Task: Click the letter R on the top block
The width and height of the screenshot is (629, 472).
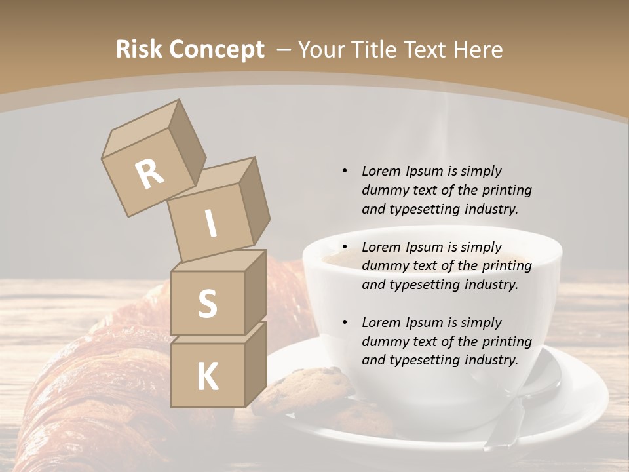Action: coord(150,174)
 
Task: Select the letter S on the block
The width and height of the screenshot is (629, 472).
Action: coord(207,304)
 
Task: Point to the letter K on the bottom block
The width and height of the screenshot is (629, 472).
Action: coord(208,377)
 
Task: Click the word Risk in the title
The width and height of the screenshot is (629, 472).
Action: coord(139,50)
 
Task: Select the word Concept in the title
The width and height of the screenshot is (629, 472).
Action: coord(217,50)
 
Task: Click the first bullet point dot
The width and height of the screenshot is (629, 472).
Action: coord(345,171)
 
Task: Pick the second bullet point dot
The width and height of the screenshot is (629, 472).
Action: coord(345,247)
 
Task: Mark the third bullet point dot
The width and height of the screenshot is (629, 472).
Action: coord(345,323)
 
